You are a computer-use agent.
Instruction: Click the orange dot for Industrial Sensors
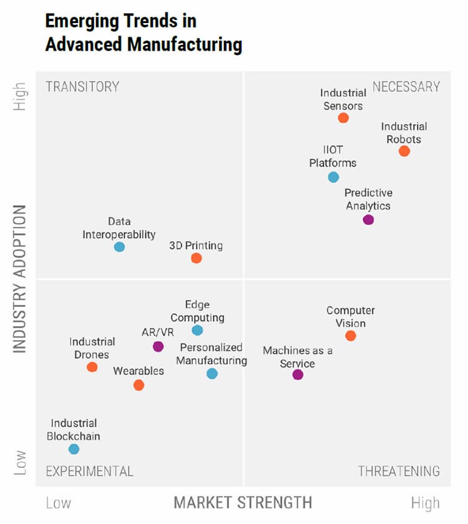tap(343, 118)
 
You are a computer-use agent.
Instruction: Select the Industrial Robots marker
tap(404, 151)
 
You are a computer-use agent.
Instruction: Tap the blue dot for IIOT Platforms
tap(334, 177)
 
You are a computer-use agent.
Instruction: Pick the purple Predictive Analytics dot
tap(368, 220)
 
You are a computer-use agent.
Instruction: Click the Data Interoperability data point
tap(119, 247)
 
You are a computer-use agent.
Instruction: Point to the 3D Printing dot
tap(196, 258)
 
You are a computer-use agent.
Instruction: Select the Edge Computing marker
tap(197, 331)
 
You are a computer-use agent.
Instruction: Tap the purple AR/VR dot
tap(158, 347)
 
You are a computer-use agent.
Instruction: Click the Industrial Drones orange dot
tap(92, 367)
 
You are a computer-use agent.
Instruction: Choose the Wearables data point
tap(139, 386)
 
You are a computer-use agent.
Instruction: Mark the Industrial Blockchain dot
tap(74, 449)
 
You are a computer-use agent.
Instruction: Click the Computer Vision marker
tap(351, 336)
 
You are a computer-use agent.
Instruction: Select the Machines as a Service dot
tap(298, 375)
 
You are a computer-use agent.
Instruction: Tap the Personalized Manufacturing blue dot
tap(212, 374)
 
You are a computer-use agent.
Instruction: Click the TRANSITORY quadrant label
tap(82, 87)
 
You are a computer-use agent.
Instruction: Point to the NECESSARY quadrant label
tap(406, 87)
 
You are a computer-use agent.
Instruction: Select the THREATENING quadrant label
tap(399, 471)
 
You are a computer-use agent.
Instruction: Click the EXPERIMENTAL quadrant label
tap(89, 471)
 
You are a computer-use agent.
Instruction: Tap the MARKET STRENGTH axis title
tap(243, 502)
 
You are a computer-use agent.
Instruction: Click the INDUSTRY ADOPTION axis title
tap(20, 279)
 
